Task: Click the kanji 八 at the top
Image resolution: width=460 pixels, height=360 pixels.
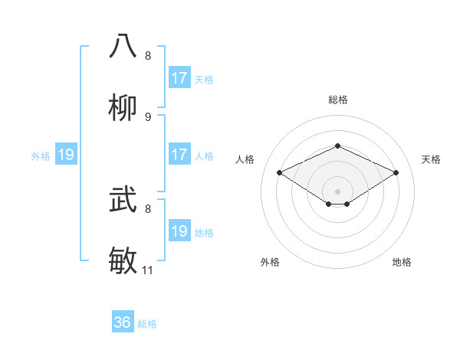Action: [x=123, y=46]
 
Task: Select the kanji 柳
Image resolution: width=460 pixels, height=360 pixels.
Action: [x=123, y=108]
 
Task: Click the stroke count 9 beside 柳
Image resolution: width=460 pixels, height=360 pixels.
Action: [x=148, y=117]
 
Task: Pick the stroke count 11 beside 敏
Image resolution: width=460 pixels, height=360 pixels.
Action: [x=148, y=270]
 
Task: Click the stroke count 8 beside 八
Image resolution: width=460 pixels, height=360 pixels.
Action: [x=148, y=56]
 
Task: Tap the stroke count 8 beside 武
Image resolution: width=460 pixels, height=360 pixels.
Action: [x=148, y=208]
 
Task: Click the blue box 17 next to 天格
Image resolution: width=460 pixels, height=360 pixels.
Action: [x=179, y=78]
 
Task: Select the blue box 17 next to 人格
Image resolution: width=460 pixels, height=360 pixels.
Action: [x=179, y=155]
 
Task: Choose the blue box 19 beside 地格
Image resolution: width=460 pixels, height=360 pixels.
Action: [x=179, y=231]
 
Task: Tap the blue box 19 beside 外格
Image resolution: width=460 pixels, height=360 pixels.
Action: [x=66, y=155]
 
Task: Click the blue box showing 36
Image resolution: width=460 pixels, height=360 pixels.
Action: [x=123, y=322]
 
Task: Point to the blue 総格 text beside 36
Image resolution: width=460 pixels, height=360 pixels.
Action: [x=147, y=324]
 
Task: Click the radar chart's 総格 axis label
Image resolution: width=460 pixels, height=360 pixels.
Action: [x=337, y=100]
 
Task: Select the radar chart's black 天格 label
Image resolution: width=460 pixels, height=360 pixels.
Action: [x=431, y=159]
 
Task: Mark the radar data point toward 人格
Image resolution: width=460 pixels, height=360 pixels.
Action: [x=280, y=173]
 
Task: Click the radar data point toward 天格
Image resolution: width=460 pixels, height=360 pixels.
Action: [x=396, y=173]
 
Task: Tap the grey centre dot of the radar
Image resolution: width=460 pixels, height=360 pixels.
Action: [x=337, y=191]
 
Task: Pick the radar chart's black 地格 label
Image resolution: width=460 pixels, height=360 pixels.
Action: [x=402, y=262]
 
